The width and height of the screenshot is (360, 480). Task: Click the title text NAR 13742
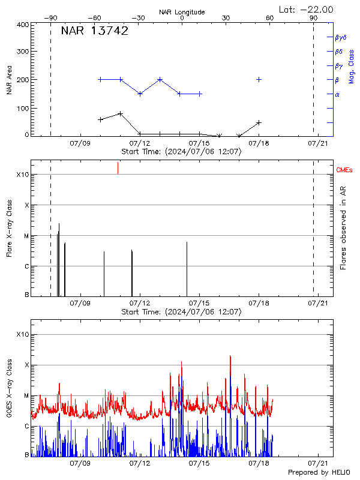pos(94,32)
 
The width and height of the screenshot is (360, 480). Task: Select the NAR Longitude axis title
pos(182,12)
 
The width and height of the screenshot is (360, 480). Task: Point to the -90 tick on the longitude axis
pos(50,19)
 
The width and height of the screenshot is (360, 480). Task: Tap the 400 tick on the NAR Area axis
pos(23,25)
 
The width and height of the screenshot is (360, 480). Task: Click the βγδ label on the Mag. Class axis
pos(340,37)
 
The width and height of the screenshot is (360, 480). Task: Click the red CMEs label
pos(345,170)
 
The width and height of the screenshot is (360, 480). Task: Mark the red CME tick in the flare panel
pos(118,168)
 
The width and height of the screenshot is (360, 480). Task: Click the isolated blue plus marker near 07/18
pos(259,79)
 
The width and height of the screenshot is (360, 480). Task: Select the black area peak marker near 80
pos(121,113)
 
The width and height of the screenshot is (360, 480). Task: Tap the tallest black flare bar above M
pos(59,258)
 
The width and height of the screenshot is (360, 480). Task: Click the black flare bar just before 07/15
pos(187,268)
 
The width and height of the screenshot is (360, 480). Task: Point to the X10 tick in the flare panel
pos(23,175)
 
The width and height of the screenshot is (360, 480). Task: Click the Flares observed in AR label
pos(344,228)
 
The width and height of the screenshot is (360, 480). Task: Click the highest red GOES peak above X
pos(230,356)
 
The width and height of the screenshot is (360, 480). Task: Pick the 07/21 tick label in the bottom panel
pos(317,463)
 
